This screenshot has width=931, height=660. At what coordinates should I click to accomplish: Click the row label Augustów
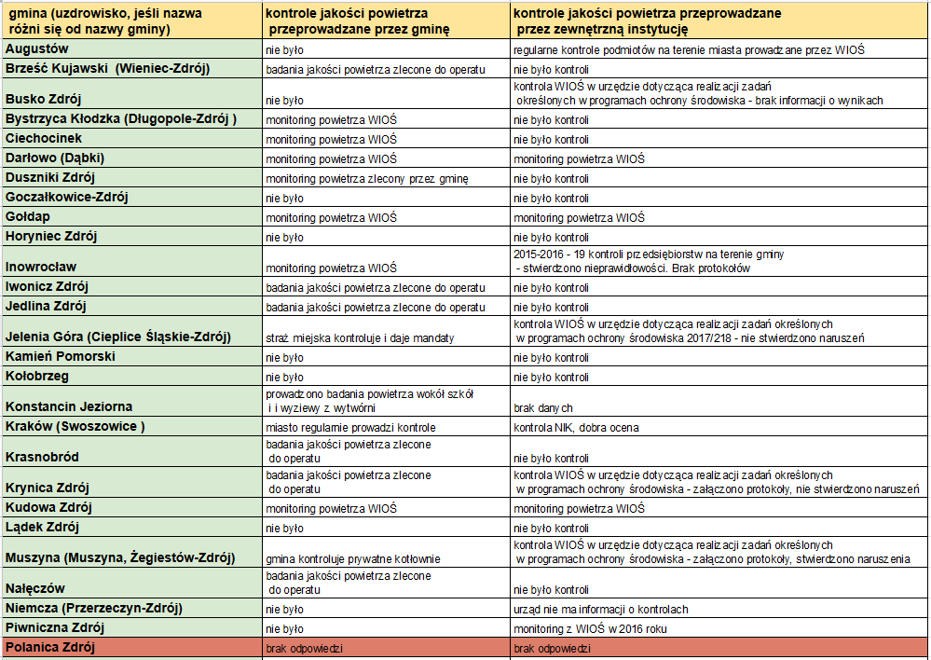[37, 48]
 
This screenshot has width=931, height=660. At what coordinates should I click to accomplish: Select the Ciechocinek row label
[44, 138]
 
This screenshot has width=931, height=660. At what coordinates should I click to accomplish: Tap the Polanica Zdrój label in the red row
[50, 648]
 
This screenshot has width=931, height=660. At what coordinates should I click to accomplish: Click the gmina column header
[105, 21]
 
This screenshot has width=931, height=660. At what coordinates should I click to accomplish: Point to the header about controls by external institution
[647, 21]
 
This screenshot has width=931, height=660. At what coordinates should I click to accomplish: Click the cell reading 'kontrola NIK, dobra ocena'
[576, 428]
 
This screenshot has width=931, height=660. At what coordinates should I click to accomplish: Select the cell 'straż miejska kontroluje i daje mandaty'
[360, 338]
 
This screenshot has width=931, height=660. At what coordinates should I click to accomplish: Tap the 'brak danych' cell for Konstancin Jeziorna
[542, 408]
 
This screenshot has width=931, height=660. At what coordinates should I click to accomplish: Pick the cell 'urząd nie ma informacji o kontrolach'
[601, 610]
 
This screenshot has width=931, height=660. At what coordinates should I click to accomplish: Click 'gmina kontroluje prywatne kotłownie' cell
[352, 559]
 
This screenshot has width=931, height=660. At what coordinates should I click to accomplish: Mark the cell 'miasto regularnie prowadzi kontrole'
[350, 428]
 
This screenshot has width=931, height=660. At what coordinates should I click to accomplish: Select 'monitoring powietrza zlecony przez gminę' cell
[367, 179]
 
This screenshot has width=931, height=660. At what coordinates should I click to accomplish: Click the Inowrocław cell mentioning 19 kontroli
[649, 261]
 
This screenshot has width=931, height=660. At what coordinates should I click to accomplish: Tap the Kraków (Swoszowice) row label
[75, 427]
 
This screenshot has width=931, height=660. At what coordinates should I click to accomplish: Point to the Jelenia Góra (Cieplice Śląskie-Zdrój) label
[118, 337]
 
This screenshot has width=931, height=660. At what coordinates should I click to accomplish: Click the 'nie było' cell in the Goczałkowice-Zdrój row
[284, 199]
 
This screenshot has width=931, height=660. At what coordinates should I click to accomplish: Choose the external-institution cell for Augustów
[689, 50]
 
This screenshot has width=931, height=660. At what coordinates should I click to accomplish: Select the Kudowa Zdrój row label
[48, 507]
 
